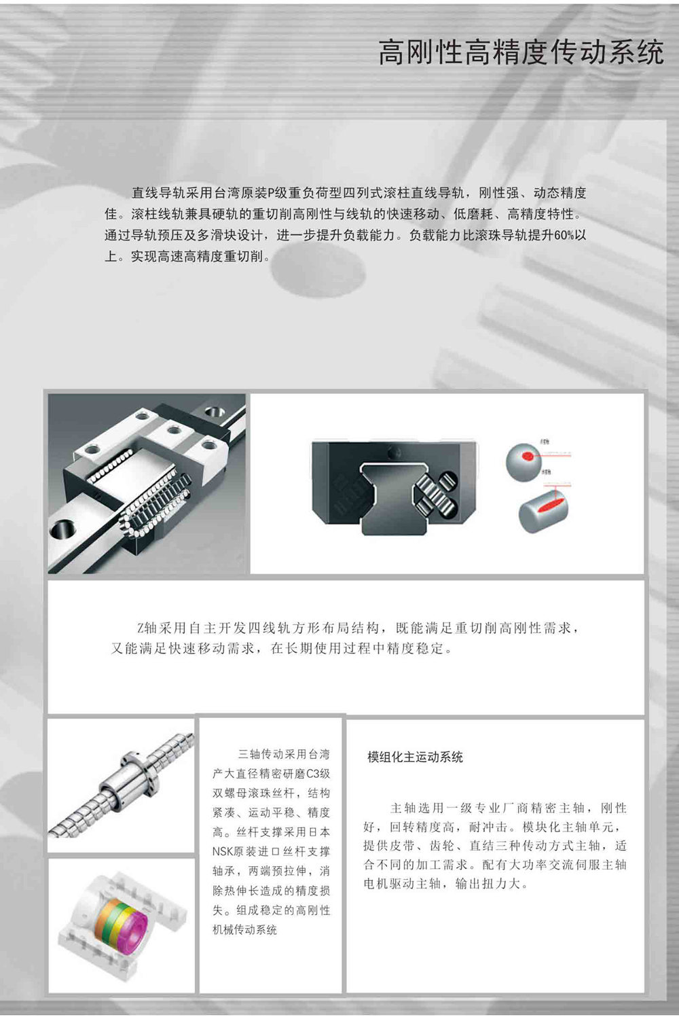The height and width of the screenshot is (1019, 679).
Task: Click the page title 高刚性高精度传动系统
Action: pos(521,52)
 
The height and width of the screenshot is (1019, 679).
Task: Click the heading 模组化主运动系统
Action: pos(415,757)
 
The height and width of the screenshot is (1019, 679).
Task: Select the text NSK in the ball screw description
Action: pos(223,851)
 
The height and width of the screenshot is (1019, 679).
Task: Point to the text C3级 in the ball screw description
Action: pos(318,774)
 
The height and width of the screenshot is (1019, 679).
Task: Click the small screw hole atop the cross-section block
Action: pos(393,451)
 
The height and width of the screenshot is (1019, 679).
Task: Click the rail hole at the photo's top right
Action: pos(216,412)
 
